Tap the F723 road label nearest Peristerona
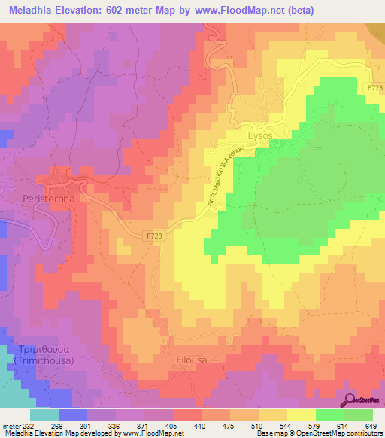(153, 236)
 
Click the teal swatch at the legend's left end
(44, 415)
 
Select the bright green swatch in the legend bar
(329, 415)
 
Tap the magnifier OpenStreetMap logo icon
(350, 400)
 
